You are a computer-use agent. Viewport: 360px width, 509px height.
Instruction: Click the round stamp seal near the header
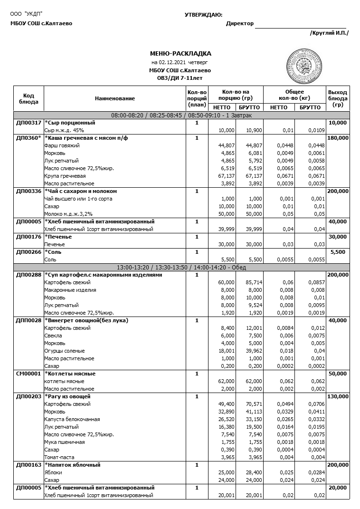(x=303, y=65)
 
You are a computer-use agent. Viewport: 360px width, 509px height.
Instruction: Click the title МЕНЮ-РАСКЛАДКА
(x=180, y=54)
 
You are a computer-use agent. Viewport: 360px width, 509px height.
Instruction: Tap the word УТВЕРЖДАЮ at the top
(x=203, y=15)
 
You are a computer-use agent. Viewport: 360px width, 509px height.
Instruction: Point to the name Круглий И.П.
(x=329, y=33)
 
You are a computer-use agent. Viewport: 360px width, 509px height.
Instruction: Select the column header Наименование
(x=114, y=98)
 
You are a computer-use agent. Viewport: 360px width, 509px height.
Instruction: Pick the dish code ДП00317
(x=28, y=123)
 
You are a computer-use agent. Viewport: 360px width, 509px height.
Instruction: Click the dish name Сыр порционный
(x=71, y=123)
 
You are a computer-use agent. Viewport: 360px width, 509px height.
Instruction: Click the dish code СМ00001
(x=28, y=374)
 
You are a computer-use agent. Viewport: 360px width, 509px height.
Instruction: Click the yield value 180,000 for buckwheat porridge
(x=338, y=138)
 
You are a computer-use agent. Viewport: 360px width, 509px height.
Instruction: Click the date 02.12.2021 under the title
(x=172, y=62)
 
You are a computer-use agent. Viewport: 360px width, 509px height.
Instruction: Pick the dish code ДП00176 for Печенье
(x=28, y=237)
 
